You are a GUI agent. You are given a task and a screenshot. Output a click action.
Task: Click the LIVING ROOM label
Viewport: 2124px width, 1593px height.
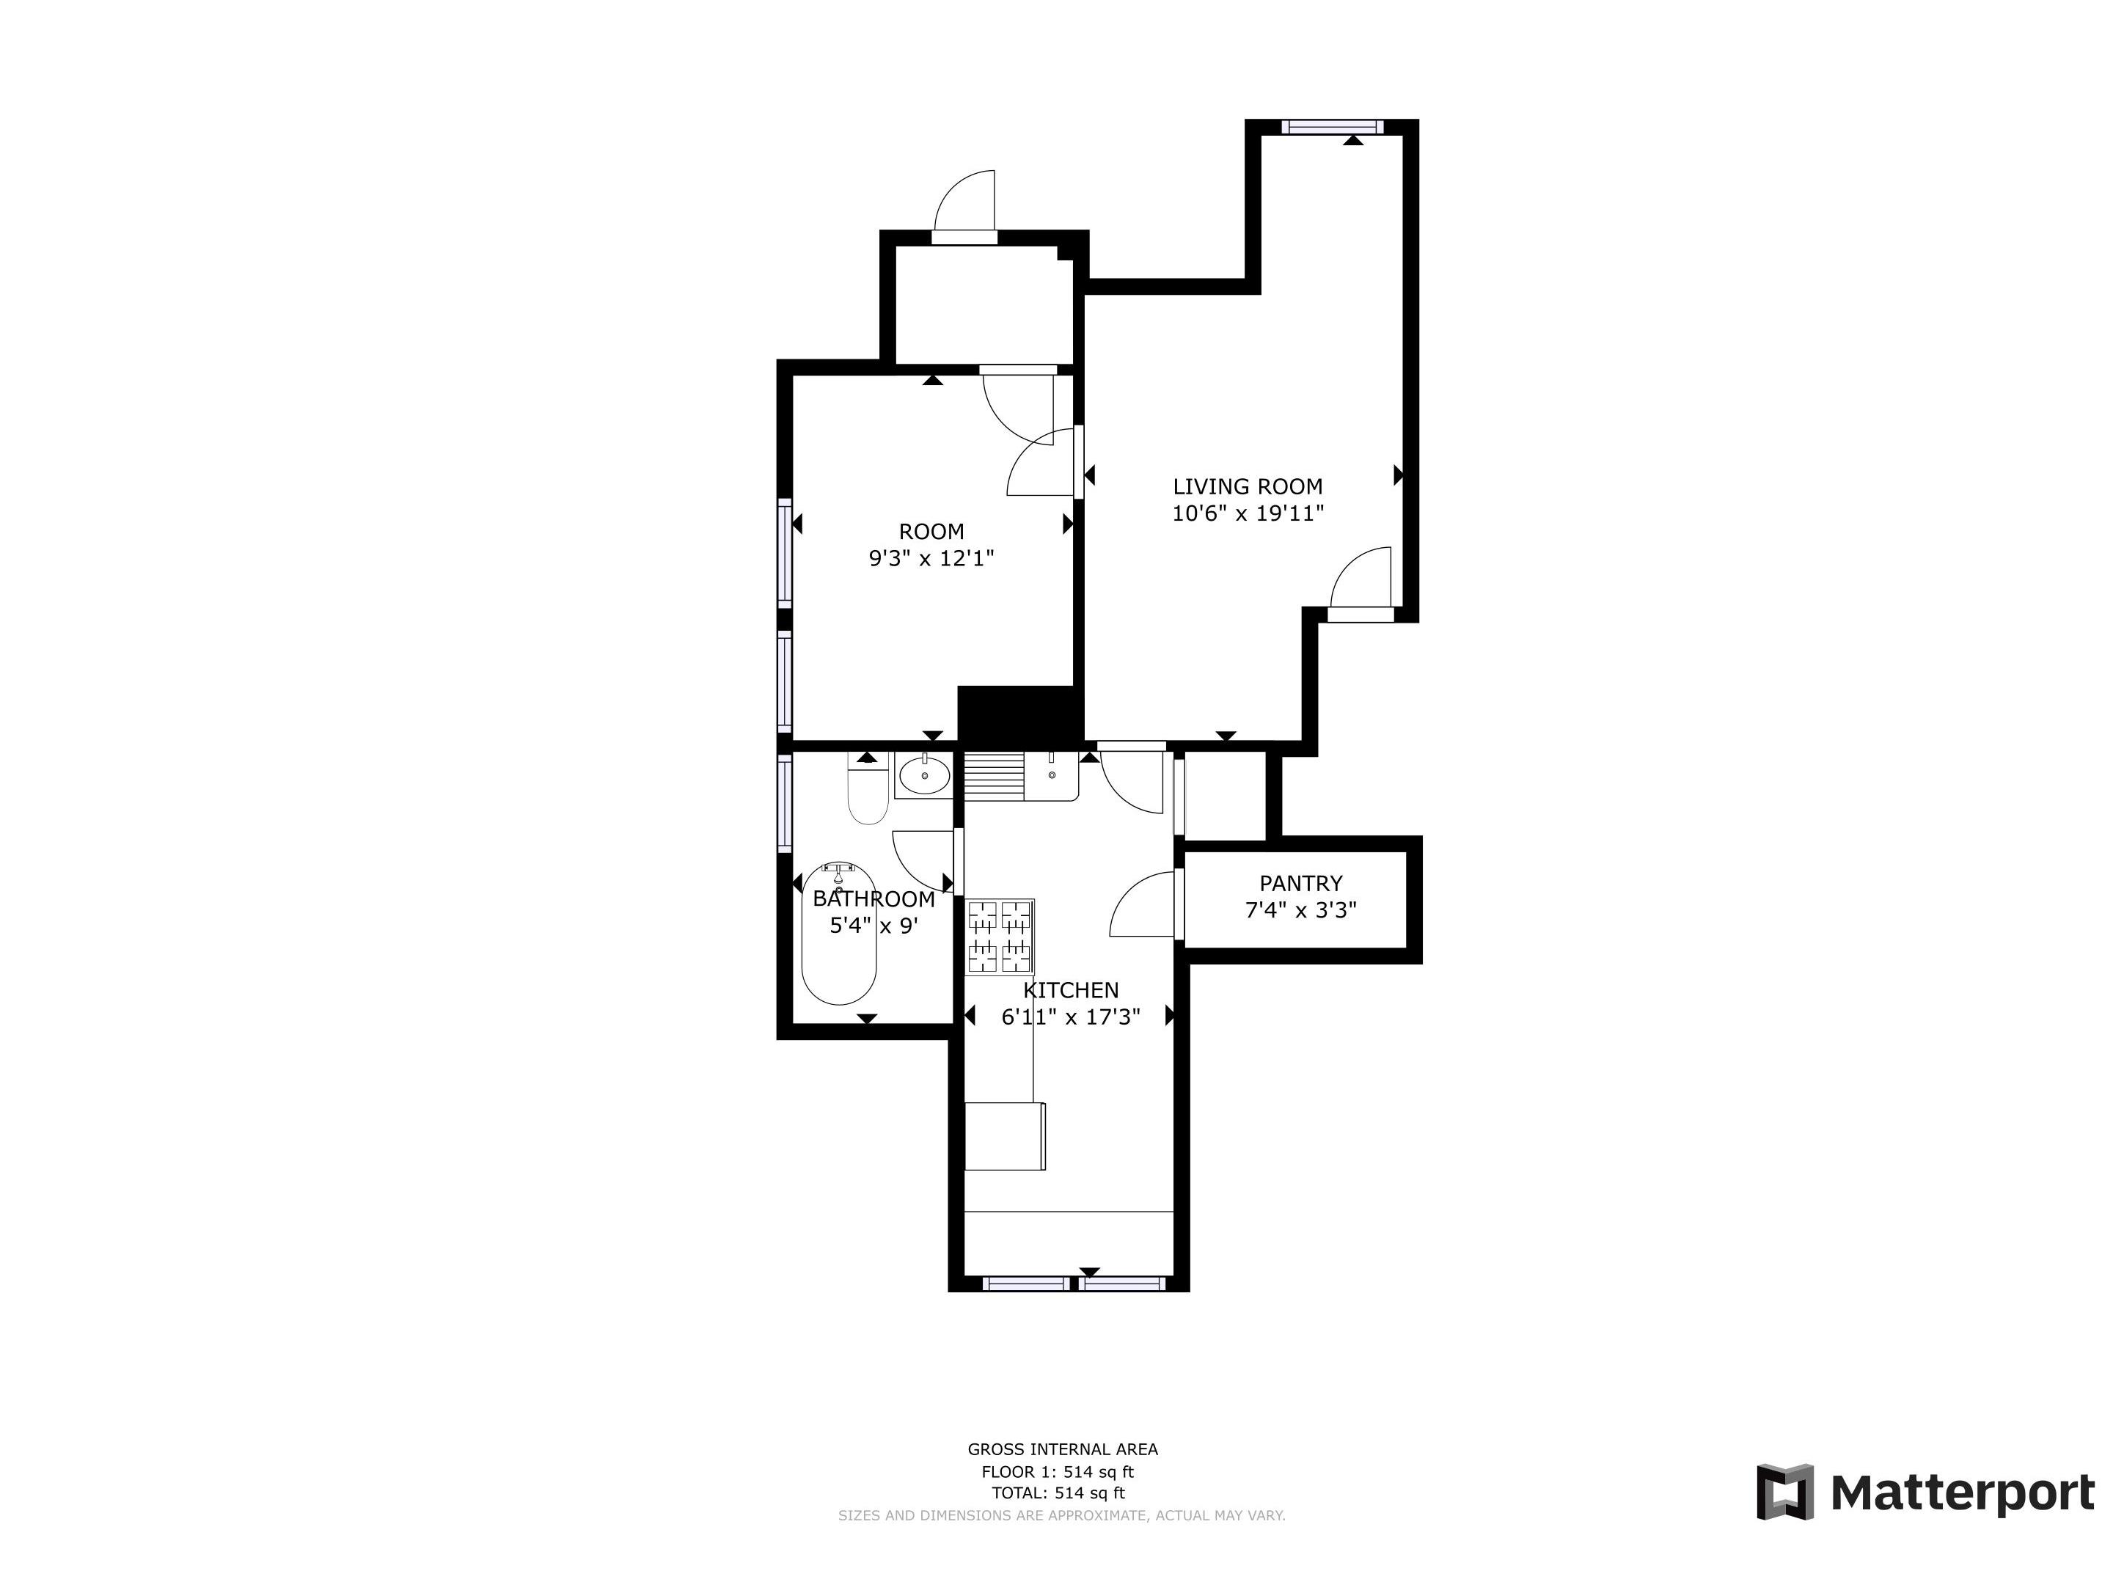[1248, 487]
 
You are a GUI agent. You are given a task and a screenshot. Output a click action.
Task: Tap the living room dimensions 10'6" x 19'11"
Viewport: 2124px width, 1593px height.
[1248, 513]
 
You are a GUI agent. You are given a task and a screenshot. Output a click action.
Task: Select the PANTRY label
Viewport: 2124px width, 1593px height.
[1300, 883]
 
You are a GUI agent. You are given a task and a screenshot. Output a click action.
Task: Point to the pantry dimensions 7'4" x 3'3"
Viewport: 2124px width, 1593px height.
[1300, 909]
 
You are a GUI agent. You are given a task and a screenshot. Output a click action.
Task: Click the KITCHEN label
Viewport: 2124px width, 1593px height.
[1071, 990]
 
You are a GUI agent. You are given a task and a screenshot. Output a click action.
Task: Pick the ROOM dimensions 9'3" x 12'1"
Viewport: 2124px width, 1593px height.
[931, 558]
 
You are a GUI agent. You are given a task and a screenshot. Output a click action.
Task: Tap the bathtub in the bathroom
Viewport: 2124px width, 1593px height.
[838, 934]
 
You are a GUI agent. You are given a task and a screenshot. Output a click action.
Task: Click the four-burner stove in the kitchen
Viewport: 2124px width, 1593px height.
[1000, 936]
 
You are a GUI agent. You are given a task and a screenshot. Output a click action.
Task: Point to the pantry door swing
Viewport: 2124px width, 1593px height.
[1143, 904]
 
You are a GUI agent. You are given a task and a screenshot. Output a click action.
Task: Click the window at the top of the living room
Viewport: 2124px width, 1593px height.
[1333, 126]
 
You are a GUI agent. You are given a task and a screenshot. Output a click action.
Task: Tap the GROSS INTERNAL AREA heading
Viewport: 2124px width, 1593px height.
[1062, 1450]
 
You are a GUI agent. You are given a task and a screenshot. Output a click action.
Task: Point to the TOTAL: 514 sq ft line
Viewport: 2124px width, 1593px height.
[1058, 1493]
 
